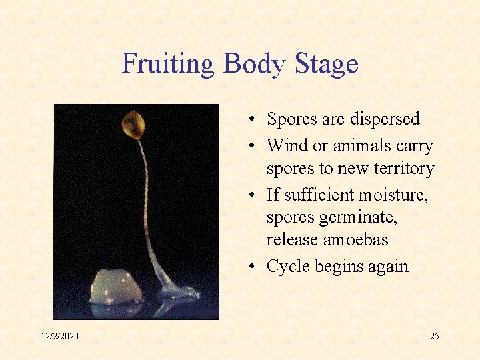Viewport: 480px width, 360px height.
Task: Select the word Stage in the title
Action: click(x=327, y=65)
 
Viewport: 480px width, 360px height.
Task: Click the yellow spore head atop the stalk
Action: click(x=133, y=124)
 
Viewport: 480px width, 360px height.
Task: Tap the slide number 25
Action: click(x=434, y=336)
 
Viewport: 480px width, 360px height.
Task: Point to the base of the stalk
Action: click(x=172, y=292)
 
